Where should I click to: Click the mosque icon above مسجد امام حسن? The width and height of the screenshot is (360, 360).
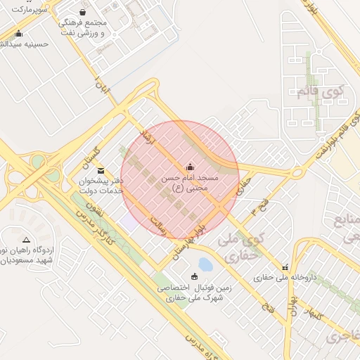(189, 167)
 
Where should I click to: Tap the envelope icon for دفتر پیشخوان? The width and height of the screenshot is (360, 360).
(100, 170)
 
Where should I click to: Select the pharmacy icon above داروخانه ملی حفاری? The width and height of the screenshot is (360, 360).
(285, 266)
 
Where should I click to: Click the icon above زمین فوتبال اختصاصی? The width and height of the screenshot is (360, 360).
(195, 276)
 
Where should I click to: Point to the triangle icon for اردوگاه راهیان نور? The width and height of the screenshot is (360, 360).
(26, 240)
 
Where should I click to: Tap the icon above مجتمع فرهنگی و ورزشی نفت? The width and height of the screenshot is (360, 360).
(83, 12)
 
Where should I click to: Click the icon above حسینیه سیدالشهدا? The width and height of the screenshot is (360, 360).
(18, 33)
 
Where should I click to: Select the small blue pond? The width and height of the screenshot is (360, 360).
(205, 265)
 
